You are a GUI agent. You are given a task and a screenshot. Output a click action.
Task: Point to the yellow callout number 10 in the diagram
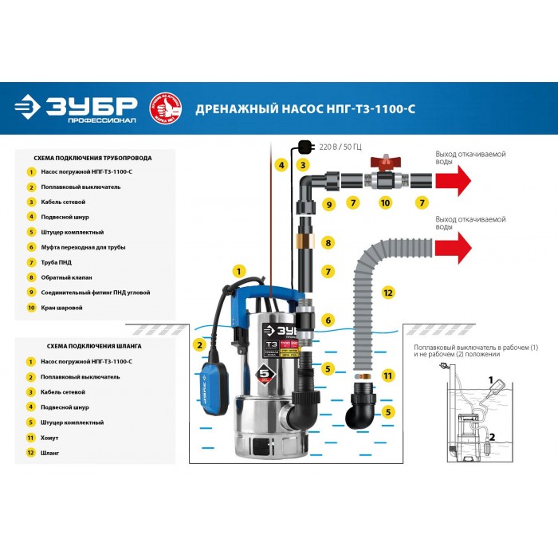click(385, 204)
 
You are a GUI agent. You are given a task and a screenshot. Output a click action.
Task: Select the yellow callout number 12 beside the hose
click(388, 293)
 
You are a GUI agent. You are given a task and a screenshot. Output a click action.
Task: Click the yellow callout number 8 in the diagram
click(328, 242)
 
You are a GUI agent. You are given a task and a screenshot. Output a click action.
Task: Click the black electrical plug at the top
click(304, 146)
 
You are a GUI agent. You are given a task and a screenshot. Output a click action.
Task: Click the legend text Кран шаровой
click(60, 308)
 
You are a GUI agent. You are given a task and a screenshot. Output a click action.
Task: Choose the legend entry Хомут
click(49, 438)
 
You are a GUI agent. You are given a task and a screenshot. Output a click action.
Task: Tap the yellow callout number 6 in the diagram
click(328, 320)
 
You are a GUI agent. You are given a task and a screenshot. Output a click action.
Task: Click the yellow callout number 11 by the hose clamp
click(388, 375)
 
